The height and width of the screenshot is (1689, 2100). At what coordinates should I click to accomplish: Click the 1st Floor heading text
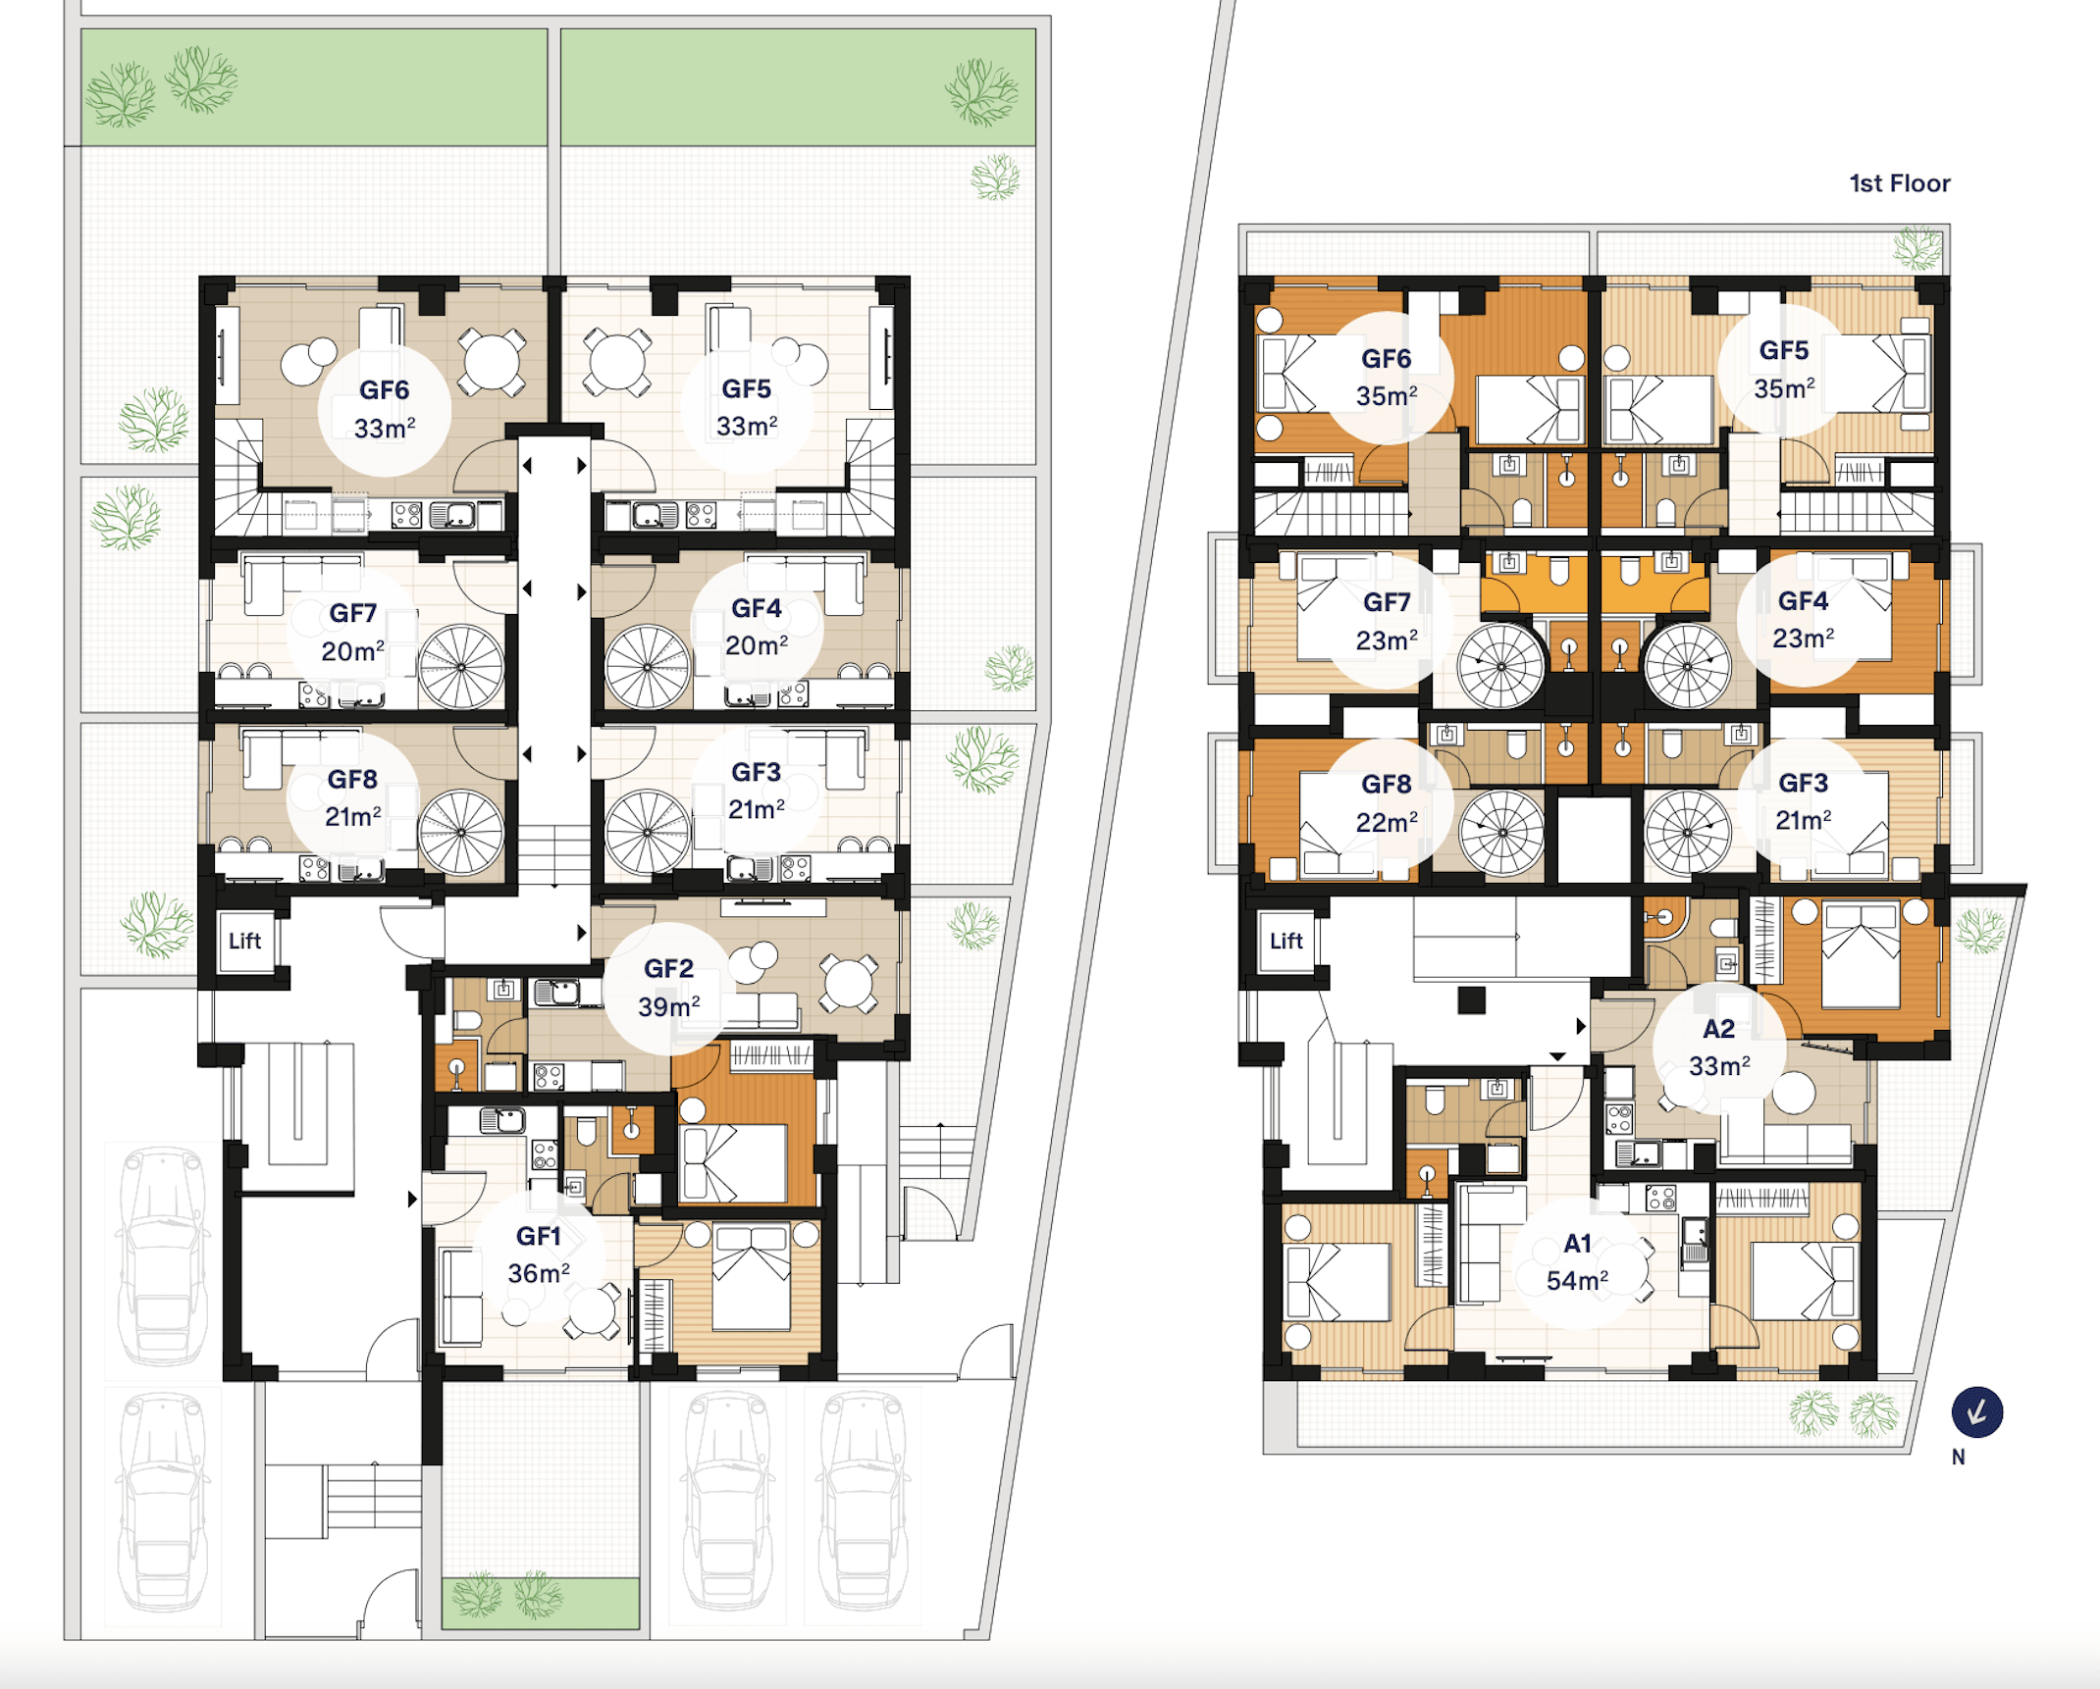[1900, 183]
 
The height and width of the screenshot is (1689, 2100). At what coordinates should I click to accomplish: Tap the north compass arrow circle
[1976, 1412]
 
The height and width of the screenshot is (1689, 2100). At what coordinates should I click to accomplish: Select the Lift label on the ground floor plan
[244, 942]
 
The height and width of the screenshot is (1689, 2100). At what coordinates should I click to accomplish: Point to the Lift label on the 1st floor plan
[1286, 942]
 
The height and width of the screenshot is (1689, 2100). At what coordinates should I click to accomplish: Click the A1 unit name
[1577, 1244]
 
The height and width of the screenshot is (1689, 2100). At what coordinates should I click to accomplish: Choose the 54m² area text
[1577, 1281]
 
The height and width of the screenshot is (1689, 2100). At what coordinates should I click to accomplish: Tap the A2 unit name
[1718, 1029]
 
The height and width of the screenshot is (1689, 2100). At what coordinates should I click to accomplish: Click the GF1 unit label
[539, 1236]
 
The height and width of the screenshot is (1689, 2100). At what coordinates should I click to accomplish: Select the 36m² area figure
[539, 1273]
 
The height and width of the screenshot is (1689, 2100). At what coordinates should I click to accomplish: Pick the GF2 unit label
[668, 969]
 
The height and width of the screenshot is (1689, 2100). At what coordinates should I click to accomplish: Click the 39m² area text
[668, 1006]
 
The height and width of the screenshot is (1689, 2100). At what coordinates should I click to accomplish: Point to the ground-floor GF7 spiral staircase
[461, 667]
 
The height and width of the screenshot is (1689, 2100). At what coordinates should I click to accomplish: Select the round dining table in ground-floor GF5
[616, 362]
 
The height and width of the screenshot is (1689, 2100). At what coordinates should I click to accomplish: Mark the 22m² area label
[1386, 822]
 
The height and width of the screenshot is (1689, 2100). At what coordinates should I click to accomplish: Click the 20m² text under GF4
[756, 645]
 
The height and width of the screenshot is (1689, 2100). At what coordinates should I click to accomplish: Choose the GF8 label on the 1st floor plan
[1386, 785]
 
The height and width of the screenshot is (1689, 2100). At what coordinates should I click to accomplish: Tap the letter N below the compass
[1958, 1458]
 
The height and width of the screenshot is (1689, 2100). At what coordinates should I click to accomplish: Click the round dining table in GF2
[849, 984]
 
